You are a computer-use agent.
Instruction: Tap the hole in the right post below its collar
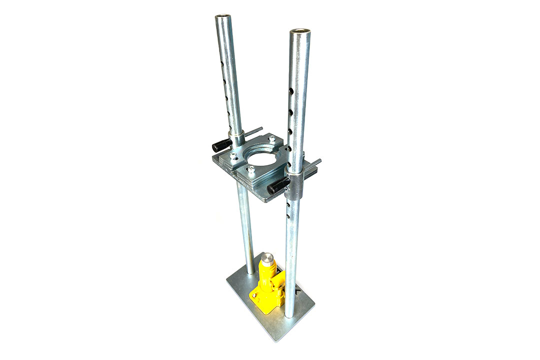click(288, 205)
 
